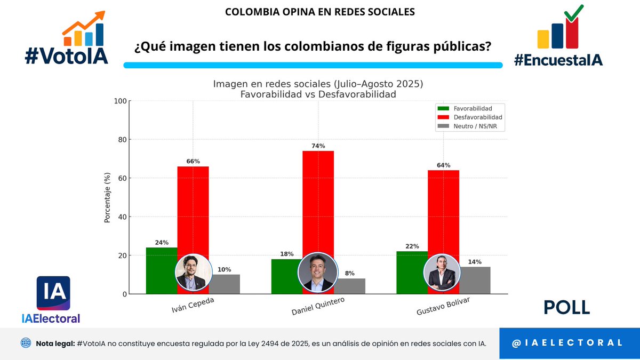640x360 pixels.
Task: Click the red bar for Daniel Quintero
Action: point(318,203)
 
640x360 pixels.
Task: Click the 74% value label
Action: point(318,146)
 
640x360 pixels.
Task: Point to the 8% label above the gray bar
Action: point(349,273)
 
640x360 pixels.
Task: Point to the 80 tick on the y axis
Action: point(121,140)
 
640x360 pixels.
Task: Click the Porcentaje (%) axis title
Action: point(107,197)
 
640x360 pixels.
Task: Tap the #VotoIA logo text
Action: point(66,54)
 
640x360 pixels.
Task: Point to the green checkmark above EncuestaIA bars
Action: point(573,13)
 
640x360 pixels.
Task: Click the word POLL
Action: point(566,307)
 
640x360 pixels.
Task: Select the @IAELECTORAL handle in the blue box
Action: point(567,343)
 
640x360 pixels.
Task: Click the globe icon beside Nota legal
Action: point(26,343)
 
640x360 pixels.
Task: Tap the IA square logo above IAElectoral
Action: point(53,293)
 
